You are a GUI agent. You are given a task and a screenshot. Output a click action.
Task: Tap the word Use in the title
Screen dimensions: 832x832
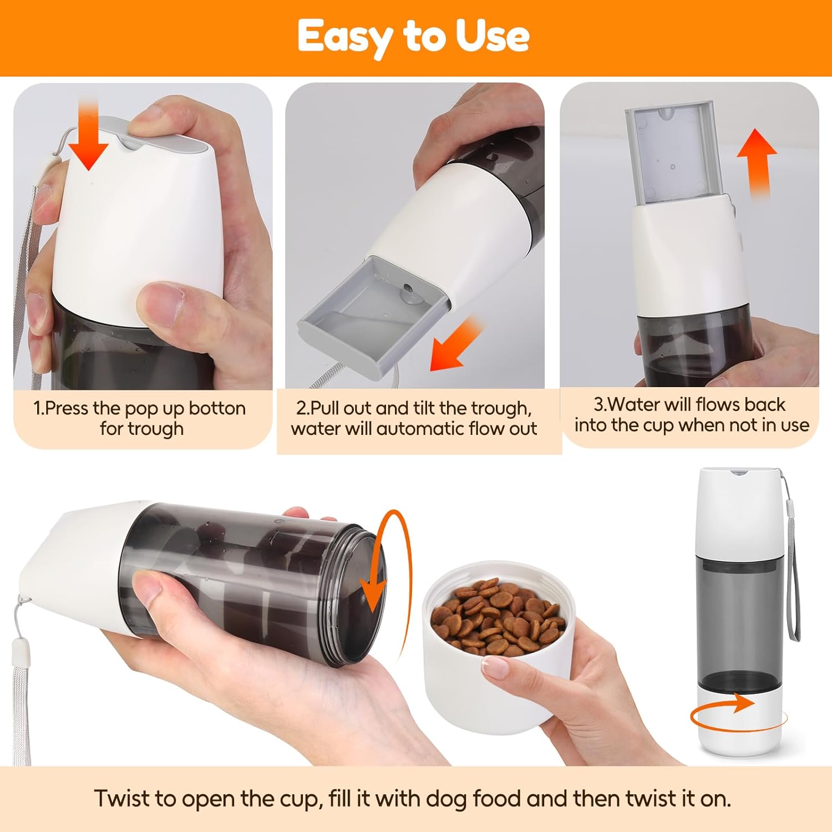click(x=493, y=36)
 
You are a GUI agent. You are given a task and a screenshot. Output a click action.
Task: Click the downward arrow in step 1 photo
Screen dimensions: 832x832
click(x=88, y=133)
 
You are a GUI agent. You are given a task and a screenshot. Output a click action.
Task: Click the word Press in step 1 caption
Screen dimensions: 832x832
click(x=67, y=408)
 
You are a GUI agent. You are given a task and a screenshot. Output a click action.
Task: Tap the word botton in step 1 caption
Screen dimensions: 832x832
click(x=217, y=408)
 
